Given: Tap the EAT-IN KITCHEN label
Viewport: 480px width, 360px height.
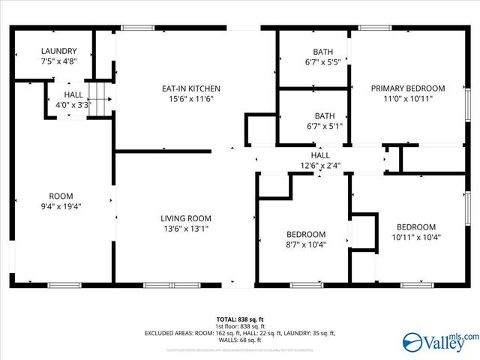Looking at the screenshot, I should (191, 88).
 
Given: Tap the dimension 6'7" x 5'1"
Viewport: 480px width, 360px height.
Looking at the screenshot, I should (323, 126).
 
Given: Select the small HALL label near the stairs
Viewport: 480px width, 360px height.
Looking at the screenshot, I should (73, 94).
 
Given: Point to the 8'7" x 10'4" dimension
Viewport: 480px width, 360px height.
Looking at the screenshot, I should (306, 244).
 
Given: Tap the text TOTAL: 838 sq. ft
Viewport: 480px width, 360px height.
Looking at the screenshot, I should (240, 319).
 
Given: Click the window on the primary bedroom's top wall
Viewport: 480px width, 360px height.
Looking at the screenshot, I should (370, 28).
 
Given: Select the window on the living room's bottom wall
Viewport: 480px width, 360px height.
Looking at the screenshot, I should (157, 285).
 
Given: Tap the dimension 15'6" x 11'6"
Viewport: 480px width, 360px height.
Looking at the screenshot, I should (191, 99).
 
